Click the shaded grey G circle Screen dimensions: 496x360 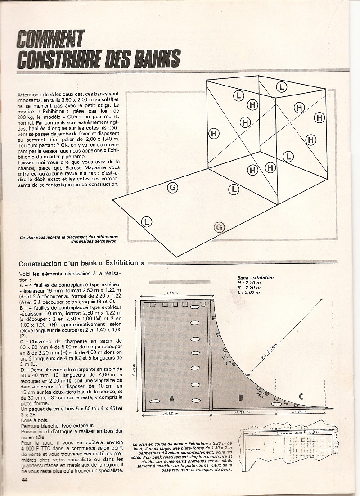[x=219, y=227]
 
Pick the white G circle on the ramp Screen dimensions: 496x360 [x=172, y=187]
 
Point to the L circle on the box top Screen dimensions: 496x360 [x=282, y=86]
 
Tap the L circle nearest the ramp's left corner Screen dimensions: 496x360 [x=147, y=221]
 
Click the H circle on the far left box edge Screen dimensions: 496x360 [x=214, y=133]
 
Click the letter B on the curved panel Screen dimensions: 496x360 [x=241, y=397]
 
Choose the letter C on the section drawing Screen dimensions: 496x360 [x=301, y=396]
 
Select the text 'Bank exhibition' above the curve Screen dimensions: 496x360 [x=256, y=278]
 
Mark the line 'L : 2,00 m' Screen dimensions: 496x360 [x=249, y=292]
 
